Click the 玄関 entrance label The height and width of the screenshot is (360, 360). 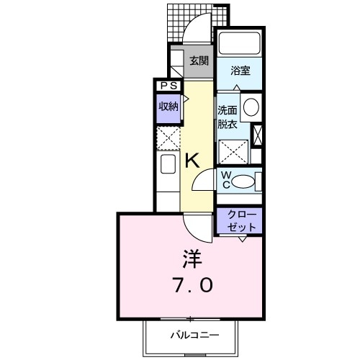click(x=199, y=61)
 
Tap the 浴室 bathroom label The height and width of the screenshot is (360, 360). click(x=240, y=71)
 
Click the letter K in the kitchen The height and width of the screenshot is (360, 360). click(x=193, y=161)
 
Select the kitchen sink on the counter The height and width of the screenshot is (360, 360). click(x=168, y=165)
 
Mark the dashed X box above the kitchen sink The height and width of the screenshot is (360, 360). click(x=168, y=137)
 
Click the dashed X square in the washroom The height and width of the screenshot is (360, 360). click(x=233, y=151)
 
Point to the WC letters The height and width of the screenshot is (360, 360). click(x=225, y=180)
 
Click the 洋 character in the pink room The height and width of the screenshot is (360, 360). click(x=190, y=258)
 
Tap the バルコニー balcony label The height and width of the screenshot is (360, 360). click(x=192, y=335)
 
